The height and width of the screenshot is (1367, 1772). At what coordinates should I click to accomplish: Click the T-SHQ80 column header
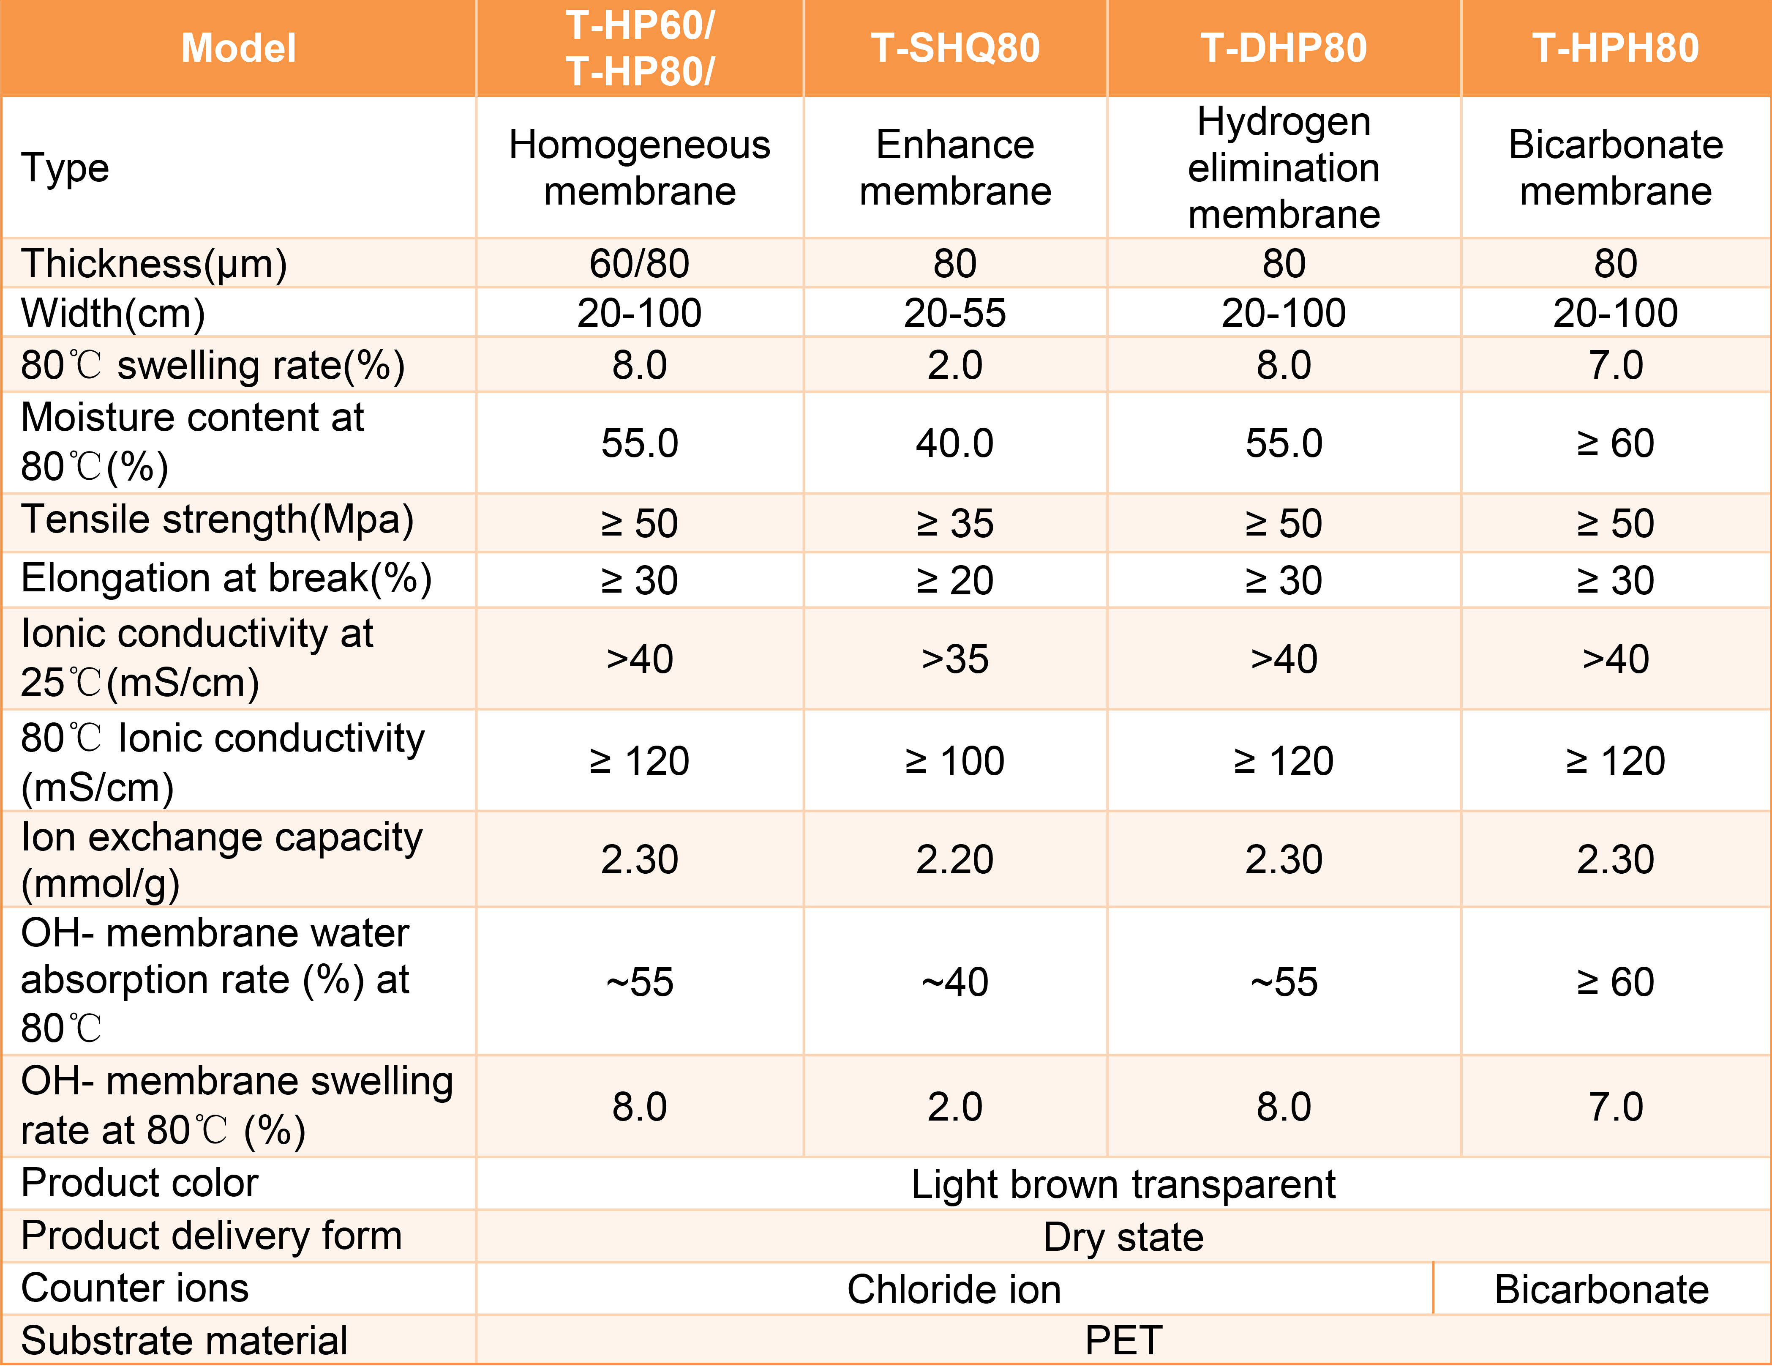point(955,48)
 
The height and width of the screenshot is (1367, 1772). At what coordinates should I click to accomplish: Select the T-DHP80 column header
point(1284,48)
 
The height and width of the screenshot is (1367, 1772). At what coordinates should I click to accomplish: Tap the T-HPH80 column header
point(1615,48)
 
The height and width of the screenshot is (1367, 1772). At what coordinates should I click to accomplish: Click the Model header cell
point(239,48)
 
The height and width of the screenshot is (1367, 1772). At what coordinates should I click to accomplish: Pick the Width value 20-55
point(955,313)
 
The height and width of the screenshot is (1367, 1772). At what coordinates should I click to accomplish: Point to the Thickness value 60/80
point(639,264)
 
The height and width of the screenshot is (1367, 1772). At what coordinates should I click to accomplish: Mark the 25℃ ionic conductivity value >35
point(955,659)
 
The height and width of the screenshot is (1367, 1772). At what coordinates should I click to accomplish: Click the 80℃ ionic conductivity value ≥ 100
point(955,761)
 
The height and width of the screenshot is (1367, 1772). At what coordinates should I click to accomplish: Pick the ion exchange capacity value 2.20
point(955,860)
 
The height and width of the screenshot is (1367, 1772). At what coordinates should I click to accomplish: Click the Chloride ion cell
point(954,1290)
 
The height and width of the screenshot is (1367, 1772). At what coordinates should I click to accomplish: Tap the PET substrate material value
point(1123,1341)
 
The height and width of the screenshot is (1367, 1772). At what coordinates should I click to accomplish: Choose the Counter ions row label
point(135,1289)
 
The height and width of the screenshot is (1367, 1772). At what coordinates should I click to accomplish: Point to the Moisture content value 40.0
point(955,444)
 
